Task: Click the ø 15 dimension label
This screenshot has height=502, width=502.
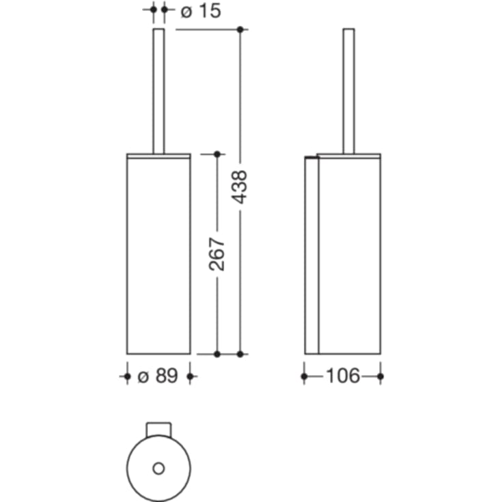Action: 201,11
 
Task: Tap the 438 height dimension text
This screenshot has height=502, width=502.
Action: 240,187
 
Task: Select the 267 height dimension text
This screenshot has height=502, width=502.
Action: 217,254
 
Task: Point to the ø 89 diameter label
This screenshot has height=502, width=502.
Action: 158,376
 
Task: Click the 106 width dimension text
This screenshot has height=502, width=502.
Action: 343,376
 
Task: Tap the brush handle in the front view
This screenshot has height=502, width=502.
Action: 158,92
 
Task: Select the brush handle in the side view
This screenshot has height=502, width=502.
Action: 348,92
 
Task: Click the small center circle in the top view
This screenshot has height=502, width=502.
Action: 158,469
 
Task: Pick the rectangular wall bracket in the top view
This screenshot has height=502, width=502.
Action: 158,430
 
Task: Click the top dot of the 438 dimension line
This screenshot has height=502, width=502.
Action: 240,30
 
